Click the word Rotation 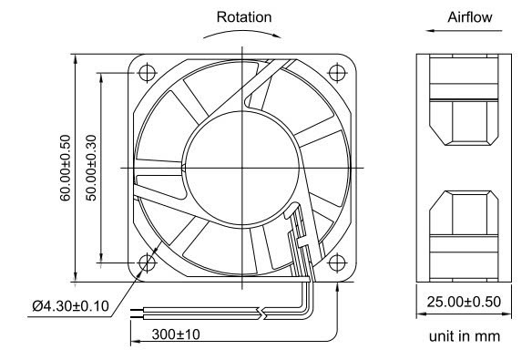tap(244, 17)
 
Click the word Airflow tap(469, 17)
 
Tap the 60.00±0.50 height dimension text tap(66, 168)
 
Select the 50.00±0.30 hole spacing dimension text tap(91, 168)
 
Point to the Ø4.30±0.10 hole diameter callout tap(70, 306)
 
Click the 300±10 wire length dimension tap(176, 334)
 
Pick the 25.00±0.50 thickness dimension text tap(464, 302)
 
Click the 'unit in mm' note tap(465, 336)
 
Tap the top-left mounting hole tap(148, 72)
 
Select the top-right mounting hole tap(337, 72)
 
